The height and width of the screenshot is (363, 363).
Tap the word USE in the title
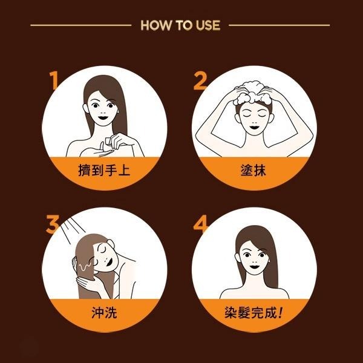pos(208,25)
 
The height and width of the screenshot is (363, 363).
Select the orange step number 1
pos(54,80)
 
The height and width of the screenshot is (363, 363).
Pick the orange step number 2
pos(200,80)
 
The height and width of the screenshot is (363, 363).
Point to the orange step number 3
pos(52,224)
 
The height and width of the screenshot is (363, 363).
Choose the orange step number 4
pos(201,224)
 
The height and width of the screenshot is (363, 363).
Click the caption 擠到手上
pos(105,170)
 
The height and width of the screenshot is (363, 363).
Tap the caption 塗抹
pos(253,170)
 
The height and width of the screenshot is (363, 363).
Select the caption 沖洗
pos(105,313)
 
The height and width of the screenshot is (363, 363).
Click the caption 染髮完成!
pos(253,313)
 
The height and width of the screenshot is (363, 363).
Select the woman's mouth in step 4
pos(254,266)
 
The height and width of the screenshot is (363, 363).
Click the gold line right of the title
pos(280,25)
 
